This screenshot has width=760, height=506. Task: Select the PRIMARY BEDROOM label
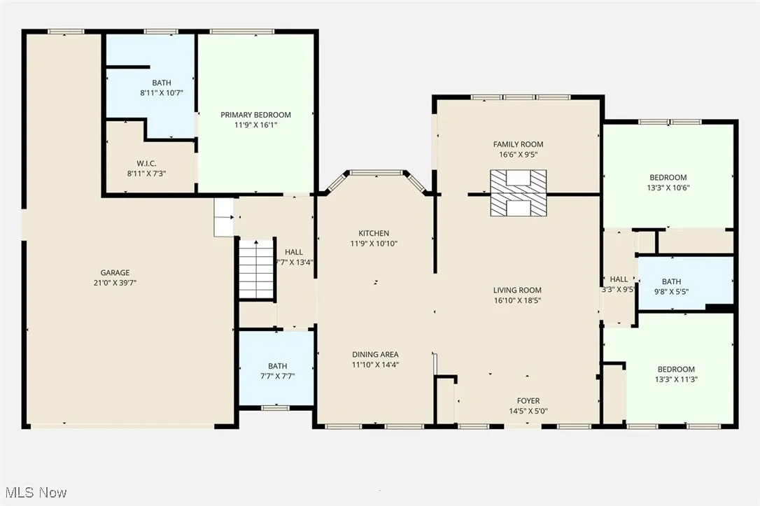pos(255,115)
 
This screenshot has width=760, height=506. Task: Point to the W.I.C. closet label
pos(146,163)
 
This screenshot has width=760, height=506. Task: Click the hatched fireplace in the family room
pos(518,192)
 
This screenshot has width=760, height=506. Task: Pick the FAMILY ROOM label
pos(518,145)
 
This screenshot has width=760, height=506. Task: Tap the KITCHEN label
pos(374,234)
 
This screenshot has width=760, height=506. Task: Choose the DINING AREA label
pos(375,355)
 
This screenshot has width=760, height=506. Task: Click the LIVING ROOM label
pos(517,290)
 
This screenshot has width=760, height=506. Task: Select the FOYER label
pos(528,401)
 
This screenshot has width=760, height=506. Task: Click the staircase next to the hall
pos(257,269)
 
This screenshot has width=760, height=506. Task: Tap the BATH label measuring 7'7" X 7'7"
pos(277,366)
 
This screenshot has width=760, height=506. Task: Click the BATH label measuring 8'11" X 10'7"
pos(161,83)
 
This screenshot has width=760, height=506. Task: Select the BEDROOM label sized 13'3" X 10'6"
pos(668,178)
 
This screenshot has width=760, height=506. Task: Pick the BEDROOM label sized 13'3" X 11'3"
pos(676,370)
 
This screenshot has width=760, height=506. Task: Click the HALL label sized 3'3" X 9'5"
pos(619,279)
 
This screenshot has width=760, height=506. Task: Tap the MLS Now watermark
pos(34,493)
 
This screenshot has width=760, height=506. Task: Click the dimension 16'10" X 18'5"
pos(517,300)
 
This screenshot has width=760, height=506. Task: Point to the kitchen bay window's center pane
pos(375,172)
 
